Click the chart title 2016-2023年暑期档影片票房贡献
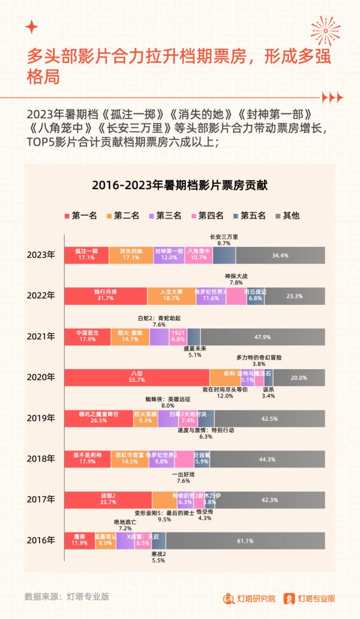[x=179, y=186]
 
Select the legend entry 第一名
[x=80, y=215]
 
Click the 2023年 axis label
[x=41, y=255]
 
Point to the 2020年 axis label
[x=41, y=378]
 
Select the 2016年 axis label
[x=41, y=540]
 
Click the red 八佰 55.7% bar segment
[x=137, y=378]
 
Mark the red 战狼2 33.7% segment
[x=108, y=500]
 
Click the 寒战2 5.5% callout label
[x=158, y=557]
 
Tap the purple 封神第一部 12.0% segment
[x=169, y=255]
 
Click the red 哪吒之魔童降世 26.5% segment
[x=98, y=418]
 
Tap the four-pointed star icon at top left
[x=32, y=26]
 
